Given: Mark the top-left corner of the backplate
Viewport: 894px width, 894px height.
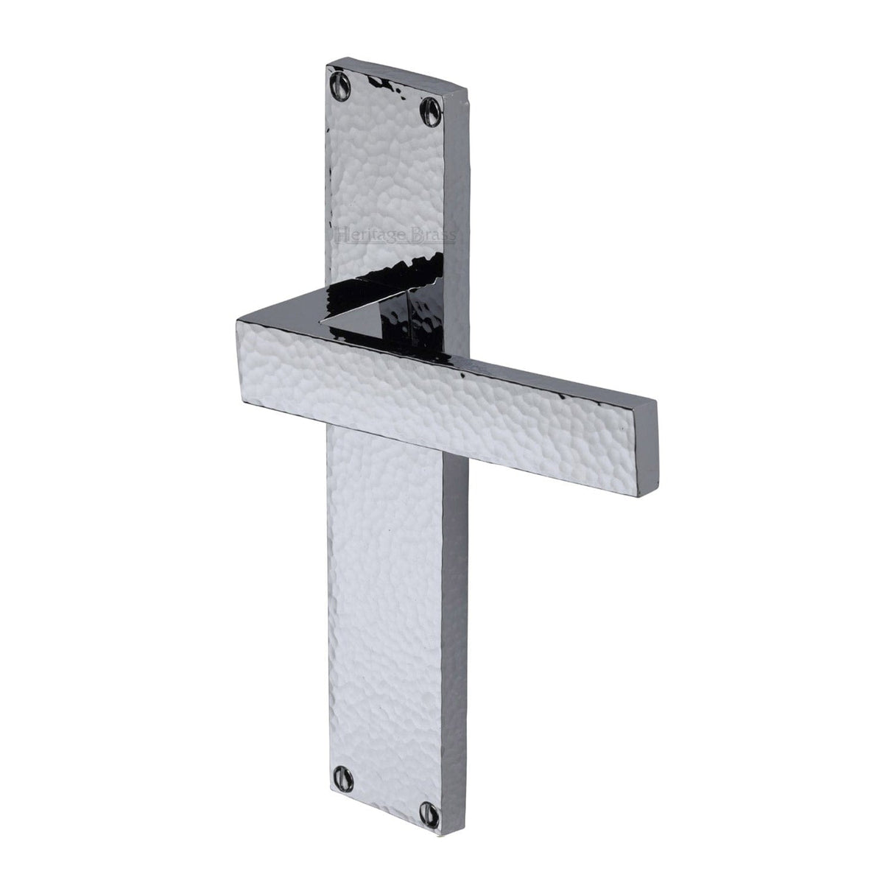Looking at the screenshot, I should [x=327, y=65].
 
